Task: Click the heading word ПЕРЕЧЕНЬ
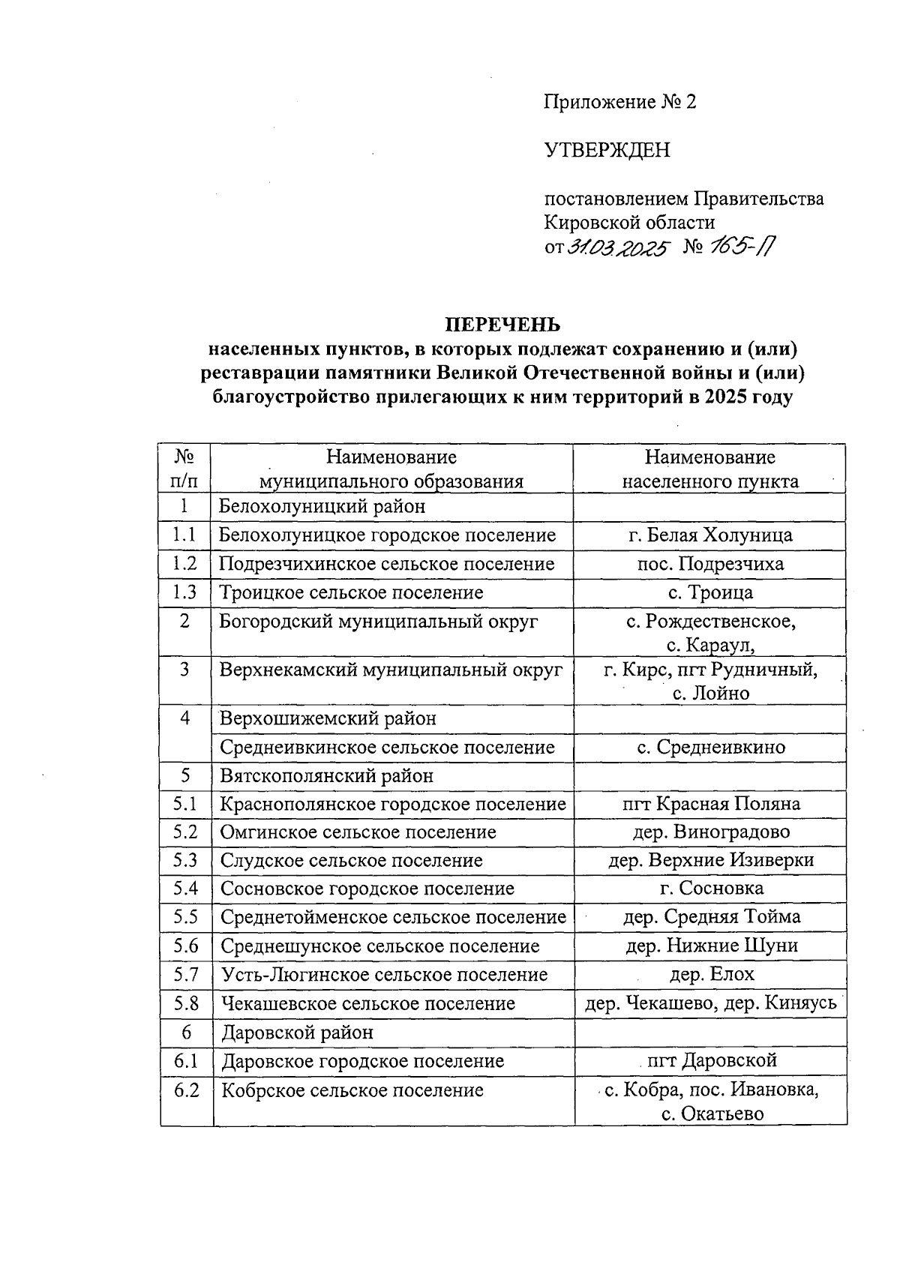coord(503,325)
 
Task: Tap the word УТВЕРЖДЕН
coord(607,151)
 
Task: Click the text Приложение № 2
coord(619,102)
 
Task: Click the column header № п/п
coord(184,469)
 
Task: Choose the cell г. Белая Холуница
coord(709,535)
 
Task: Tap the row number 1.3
coord(184,592)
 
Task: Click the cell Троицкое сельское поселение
coord(351,592)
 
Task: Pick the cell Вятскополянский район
coord(326,776)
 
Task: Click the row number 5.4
coord(185,889)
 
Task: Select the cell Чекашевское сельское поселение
coord(367,1003)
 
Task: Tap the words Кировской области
coord(629,223)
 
